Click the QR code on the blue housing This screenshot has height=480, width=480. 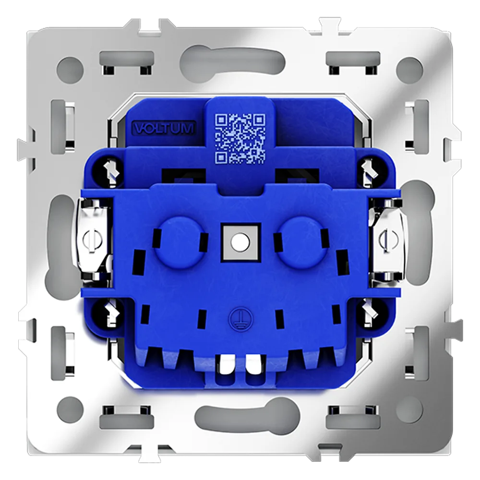point(240,138)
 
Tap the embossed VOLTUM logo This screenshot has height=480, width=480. point(164,128)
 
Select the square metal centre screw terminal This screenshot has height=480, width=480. point(241,242)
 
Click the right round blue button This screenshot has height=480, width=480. point(302,242)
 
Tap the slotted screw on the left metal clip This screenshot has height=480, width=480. point(92,240)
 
